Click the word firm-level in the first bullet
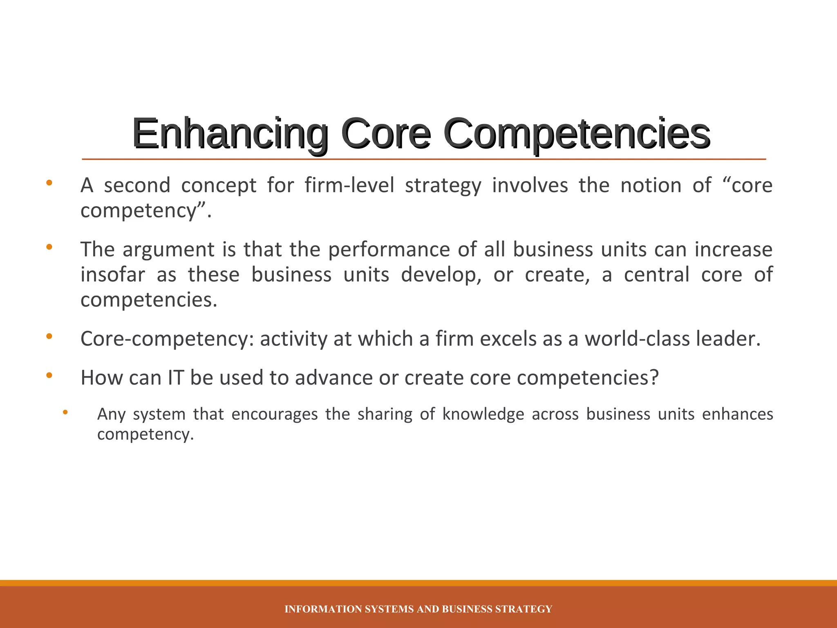(349, 185)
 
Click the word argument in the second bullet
(168, 250)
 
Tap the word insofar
(113, 274)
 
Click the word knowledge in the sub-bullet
(483, 414)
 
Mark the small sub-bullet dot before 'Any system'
(65, 413)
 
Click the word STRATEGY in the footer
(524, 609)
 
